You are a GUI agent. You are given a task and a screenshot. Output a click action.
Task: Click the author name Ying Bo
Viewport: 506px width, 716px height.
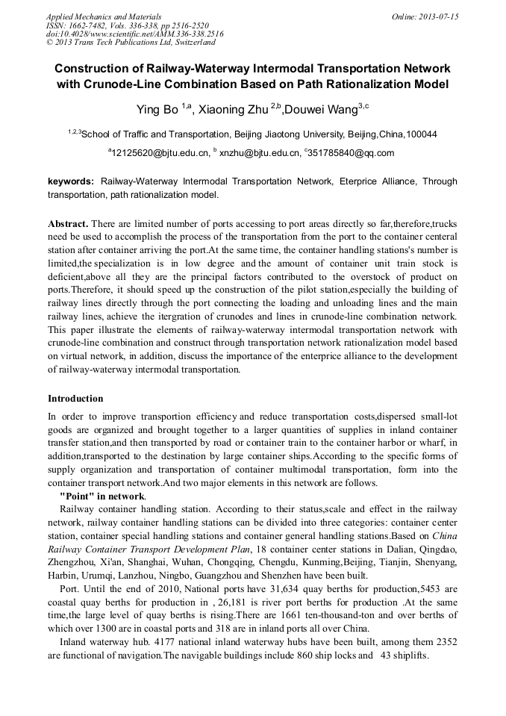pos(157,110)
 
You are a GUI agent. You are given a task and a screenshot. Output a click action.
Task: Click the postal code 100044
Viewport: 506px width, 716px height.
pos(421,134)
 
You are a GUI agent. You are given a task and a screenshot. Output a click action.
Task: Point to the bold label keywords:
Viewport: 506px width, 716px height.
pos(71,181)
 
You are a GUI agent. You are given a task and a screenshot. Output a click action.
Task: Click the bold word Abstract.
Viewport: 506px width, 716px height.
pos(68,223)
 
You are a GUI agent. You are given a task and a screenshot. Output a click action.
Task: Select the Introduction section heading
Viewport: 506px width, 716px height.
pos(75,398)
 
